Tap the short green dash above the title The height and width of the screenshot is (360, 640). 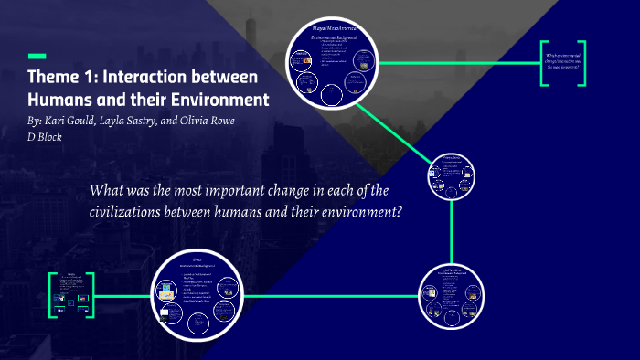[37, 55]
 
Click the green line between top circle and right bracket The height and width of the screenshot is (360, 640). [457, 63]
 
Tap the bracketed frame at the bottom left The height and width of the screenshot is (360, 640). [72, 294]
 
